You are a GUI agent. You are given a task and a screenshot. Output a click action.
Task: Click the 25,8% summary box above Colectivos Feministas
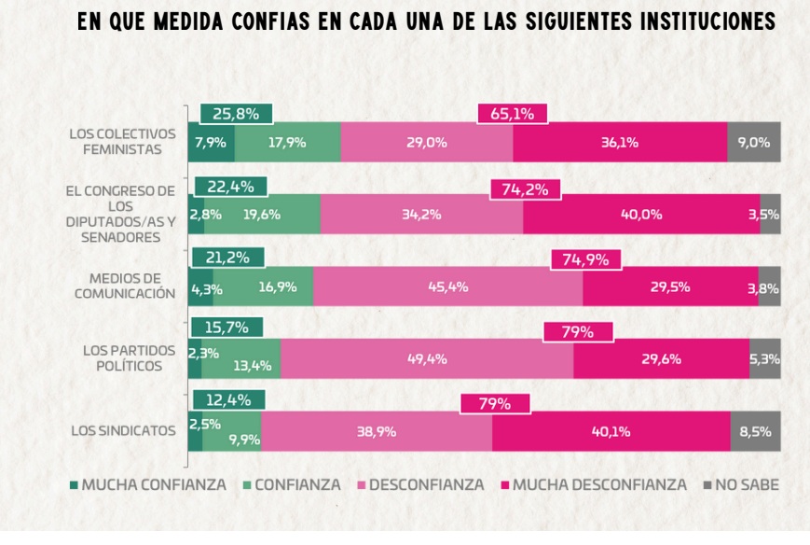236,114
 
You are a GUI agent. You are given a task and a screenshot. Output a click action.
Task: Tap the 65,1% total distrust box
512,114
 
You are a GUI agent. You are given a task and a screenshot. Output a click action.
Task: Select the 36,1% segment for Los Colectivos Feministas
620,143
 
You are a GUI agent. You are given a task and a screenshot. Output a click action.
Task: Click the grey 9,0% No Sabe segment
753,143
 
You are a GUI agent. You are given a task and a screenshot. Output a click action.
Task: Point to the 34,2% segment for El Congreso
421,215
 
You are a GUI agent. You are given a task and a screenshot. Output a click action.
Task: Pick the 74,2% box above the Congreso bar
526,189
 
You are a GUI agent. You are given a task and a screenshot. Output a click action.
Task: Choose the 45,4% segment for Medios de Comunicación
447,286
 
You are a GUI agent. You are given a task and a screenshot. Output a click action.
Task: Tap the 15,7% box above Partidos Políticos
227,328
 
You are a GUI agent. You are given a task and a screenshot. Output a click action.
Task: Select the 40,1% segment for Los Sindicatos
611,431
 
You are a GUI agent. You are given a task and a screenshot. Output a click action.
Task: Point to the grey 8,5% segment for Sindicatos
755,431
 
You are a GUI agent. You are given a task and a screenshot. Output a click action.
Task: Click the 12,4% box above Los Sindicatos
227,400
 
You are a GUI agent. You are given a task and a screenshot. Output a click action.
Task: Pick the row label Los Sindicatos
123,431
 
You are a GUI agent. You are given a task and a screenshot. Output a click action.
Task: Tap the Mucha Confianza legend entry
147,485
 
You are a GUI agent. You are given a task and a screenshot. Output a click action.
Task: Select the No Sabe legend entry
740,485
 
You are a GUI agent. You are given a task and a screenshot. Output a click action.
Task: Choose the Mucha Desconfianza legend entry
594,485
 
